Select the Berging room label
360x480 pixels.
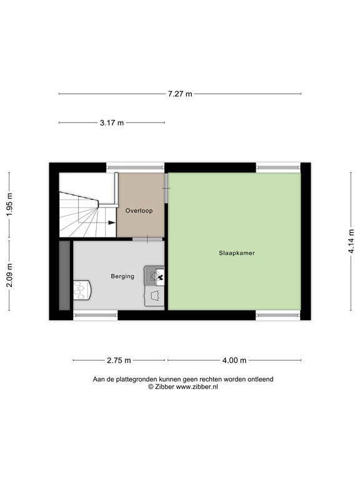click(x=122, y=276)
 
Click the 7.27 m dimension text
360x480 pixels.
click(x=180, y=94)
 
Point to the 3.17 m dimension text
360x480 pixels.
click(x=112, y=122)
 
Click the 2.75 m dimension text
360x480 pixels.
click(x=119, y=360)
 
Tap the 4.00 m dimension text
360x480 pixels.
click(x=234, y=360)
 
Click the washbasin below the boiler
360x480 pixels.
click(x=156, y=296)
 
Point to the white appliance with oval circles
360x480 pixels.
click(x=82, y=289)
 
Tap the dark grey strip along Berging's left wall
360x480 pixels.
click(x=64, y=275)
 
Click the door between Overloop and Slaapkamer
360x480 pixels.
click(x=166, y=187)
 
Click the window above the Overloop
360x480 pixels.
click(x=135, y=167)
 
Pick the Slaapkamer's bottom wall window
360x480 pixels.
click(x=277, y=315)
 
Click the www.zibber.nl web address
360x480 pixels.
click(x=196, y=387)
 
